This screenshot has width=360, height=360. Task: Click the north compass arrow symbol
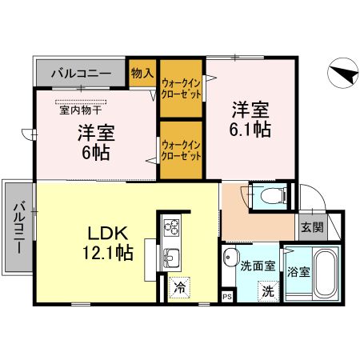pyautogui.click(x=343, y=76)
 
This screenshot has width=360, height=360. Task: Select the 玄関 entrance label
pyautogui.click(x=312, y=227)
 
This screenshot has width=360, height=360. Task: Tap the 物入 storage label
pyautogui.click(x=142, y=71)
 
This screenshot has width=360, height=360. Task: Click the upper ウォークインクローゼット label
pyautogui.click(x=182, y=87)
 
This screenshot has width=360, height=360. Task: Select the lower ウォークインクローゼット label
pyautogui.click(x=182, y=150)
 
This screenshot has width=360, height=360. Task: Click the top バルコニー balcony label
pyautogui.click(x=81, y=74)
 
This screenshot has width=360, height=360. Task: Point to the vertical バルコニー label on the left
pyautogui.click(x=18, y=226)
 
